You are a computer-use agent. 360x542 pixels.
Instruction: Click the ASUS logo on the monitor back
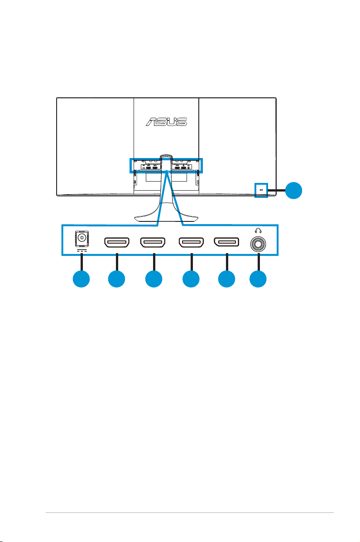[x=166, y=121]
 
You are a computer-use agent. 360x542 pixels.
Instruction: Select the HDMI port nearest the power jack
[x=116, y=243]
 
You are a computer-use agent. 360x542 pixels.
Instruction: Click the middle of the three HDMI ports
[x=153, y=243]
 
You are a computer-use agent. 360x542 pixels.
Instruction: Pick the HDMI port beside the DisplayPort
[x=191, y=243]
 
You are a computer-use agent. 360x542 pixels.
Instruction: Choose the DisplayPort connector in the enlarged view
[x=226, y=243]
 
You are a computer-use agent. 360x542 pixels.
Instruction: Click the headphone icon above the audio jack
[x=258, y=230]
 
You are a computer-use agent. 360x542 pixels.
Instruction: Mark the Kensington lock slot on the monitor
[x=261, y=191]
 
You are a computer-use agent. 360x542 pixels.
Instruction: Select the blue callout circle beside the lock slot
[x=293, y=190]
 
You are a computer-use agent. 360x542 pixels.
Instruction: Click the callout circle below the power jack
[x=81, y=279]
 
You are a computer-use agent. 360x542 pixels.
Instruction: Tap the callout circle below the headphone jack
[x=258, y=279]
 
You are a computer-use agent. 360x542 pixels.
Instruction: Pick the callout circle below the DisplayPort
[x=226, y=279]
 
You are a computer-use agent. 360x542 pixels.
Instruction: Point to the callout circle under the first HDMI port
[x=116, y=279]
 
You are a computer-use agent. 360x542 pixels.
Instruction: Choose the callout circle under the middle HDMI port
[x=154, y=279]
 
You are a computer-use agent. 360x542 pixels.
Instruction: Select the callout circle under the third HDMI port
[x=191, y=279]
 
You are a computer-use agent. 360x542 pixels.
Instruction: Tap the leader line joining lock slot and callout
[x=277, y=190]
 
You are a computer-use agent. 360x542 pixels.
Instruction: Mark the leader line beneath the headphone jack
[x=258, y=262]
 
